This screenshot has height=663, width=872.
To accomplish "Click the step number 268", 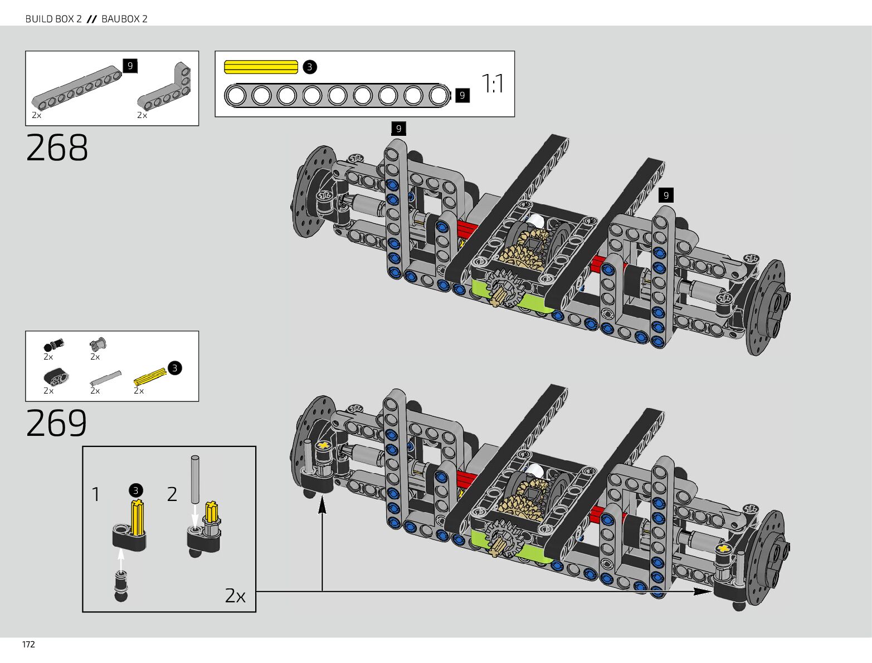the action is (x=57, y=148).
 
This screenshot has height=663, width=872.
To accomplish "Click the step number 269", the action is (x=56, y=423).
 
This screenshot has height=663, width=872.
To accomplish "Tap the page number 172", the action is (x=28, y=645).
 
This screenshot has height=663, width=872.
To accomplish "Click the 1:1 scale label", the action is (x=493, y=84).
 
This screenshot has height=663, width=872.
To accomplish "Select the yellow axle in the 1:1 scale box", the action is (x=261, y=67).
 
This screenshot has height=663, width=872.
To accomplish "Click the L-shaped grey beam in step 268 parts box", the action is (x=164, y=86).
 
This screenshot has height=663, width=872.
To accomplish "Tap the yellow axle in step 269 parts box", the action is (x=150, y=377).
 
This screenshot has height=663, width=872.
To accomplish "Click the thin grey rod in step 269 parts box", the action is (x=105, y=378).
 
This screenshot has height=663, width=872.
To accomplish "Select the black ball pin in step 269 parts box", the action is (x=53, y=345).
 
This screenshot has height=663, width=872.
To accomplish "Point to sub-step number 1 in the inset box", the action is (x=95, y=494).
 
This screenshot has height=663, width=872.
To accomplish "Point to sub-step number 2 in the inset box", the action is (x=172, y=494).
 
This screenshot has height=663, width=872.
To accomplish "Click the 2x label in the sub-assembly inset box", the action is (x=235, y=596).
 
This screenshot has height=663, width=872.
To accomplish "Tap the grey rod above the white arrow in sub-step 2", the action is (x=195, y=479).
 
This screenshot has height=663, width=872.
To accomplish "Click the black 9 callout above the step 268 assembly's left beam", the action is (x=398, y=129).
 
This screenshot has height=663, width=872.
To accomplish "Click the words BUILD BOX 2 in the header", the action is (x=53, y=19).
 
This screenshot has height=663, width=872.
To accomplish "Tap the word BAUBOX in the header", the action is (x=120, y=19).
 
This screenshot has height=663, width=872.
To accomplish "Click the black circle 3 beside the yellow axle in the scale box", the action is (x=310, y=67).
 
